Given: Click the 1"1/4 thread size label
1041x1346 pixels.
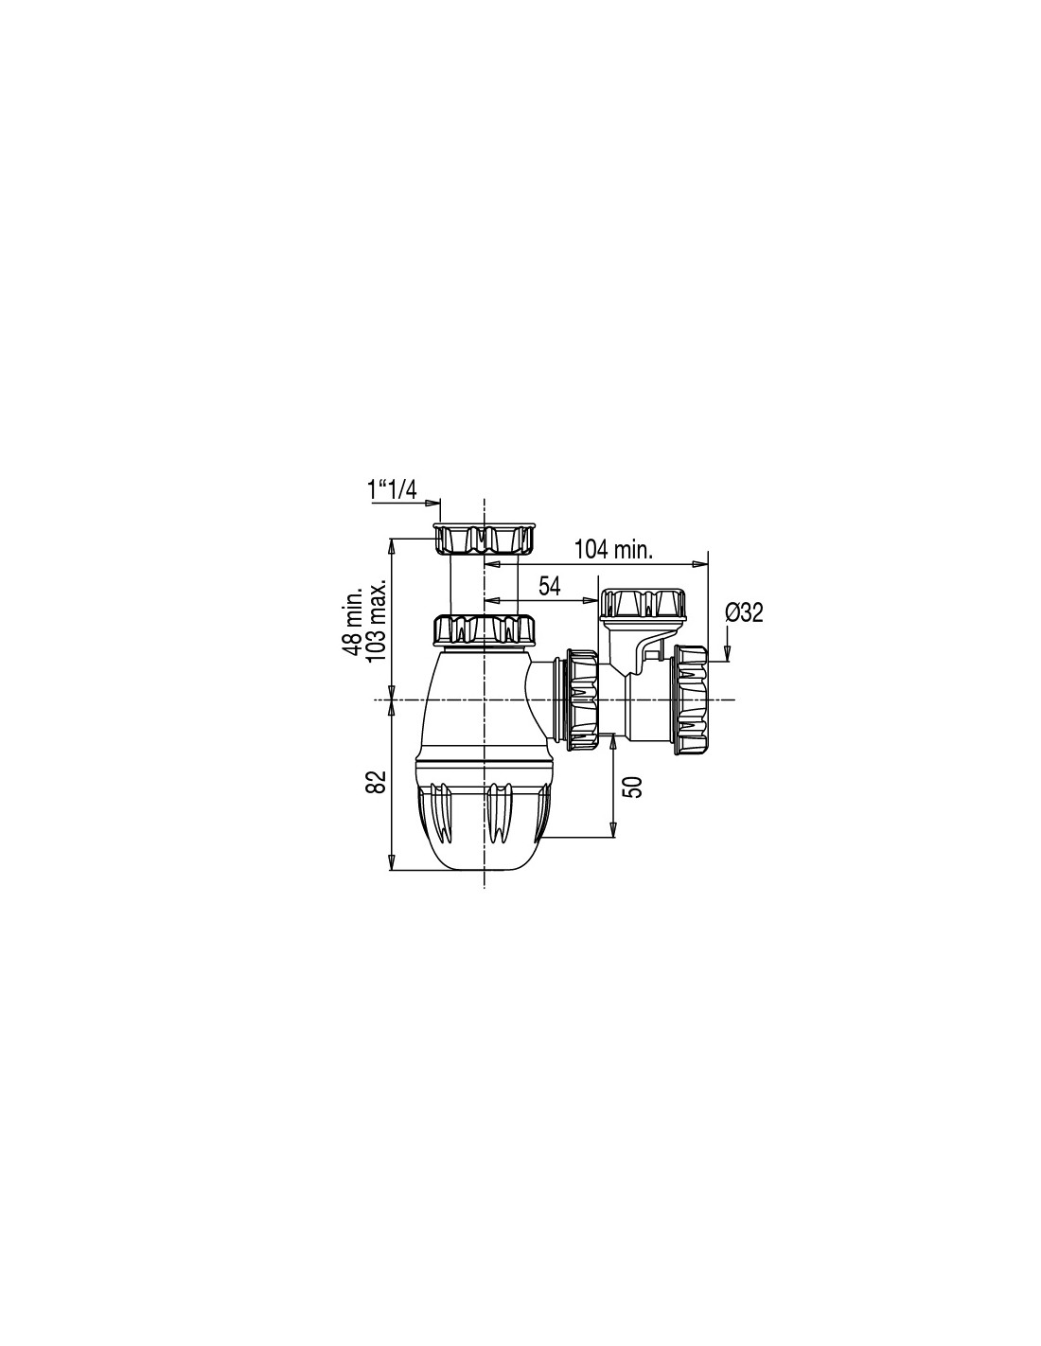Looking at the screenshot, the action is click(x=393, y=490).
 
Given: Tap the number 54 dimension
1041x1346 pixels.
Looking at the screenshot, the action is click(x=549, y=585).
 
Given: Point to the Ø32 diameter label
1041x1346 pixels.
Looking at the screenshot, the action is click(x=745, y=613).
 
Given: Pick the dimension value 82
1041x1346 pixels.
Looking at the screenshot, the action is click(x=378, y=782).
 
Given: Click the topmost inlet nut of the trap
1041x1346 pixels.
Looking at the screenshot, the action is click(x=485, y=539).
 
